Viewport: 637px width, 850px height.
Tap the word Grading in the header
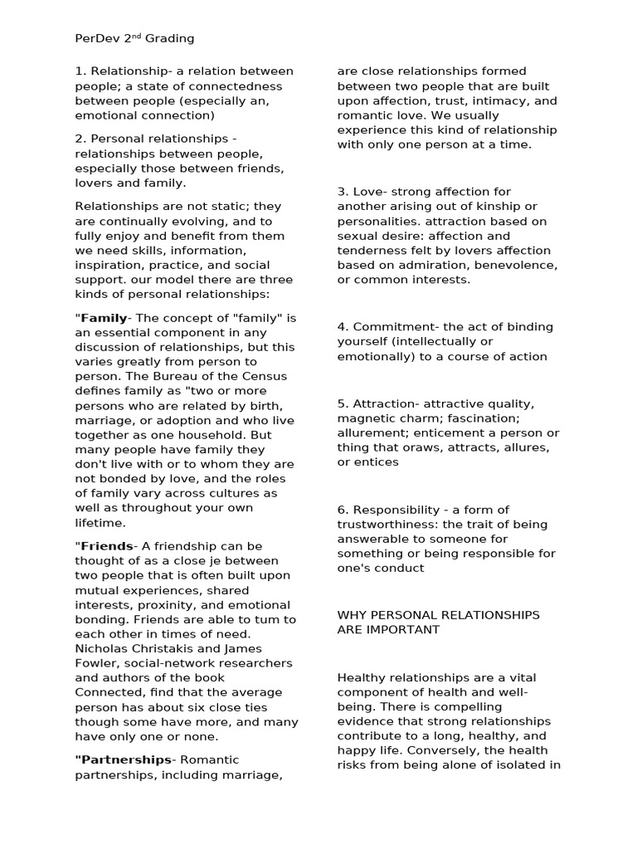click(170, 38)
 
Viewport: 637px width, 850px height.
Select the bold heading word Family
click(104, 318)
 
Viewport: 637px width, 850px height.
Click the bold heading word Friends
click(106, 546)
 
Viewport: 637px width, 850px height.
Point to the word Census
click(266, 376)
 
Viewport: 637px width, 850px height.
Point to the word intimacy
click(506, 100)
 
